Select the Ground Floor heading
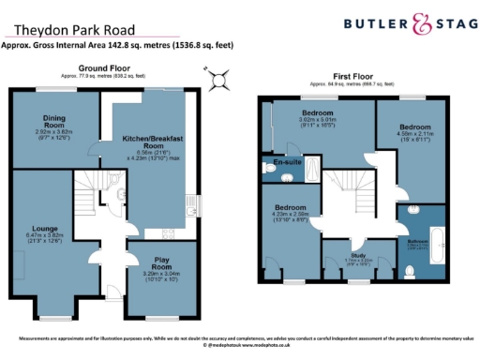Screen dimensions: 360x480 [103, 68]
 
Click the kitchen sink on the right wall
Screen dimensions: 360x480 [190, 202]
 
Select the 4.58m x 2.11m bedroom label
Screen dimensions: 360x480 [415, 130]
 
